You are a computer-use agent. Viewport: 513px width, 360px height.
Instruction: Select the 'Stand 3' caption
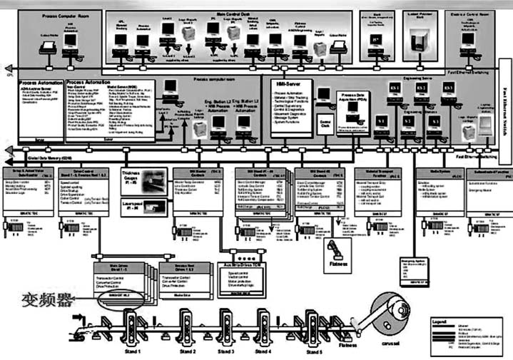click(227, 351)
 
